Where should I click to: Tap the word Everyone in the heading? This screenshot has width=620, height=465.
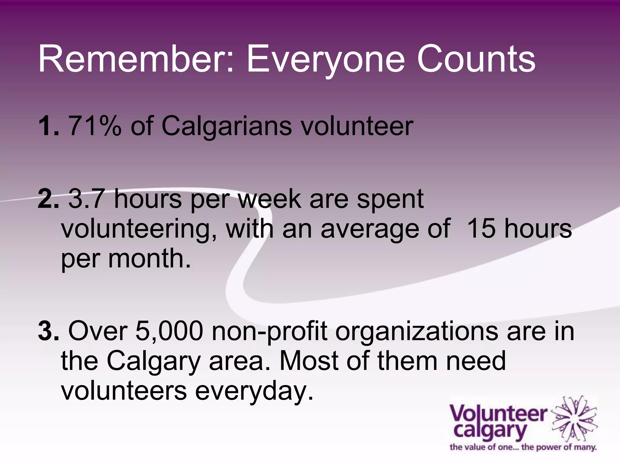coord(326,59)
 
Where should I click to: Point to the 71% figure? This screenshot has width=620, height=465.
coord(95,126)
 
